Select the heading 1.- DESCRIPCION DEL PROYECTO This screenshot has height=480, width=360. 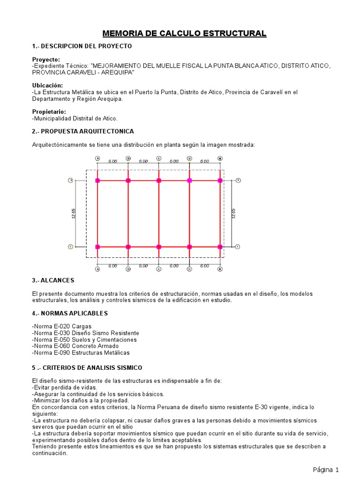(x=82, y=46)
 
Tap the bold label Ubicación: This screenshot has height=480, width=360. (x=47, y=85)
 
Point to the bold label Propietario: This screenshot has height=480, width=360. (x=49, y=112)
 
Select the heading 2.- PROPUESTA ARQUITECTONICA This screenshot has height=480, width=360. (x=83, y=131)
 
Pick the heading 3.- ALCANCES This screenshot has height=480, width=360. (x=53, y=280)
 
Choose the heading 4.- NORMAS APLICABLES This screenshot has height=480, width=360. (x=70, y=313)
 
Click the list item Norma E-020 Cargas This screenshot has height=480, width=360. (x=62, y=326)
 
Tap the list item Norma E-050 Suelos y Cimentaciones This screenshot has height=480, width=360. (x=84, y=339)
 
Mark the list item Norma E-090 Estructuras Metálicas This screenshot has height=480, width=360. (x=81, y=352)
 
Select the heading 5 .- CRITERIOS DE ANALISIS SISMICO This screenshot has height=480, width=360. (x=87, y=368)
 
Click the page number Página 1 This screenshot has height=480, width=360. (x=326, y=470)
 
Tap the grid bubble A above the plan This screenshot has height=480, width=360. (x=97, y=158)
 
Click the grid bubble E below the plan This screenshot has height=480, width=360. (x=220, y=269)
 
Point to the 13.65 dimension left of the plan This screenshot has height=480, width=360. (x=74, y=213)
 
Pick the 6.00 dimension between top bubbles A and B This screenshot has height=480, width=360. (x=112, y=161)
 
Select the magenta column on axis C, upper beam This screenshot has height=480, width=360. (x=159, y=180)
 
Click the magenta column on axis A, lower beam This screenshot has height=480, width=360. (x=97, y=247)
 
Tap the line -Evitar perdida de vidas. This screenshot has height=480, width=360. (x=65, y=388)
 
